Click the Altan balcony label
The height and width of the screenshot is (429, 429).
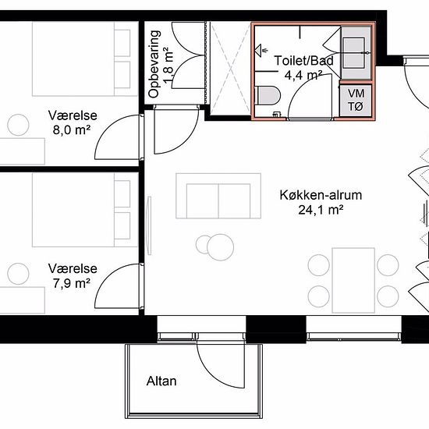[x=161, y=381]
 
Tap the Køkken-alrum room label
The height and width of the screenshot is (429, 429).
[x=321, y=195]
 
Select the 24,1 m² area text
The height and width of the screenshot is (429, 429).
[x=321, y=210]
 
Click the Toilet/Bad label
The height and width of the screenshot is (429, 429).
[x=303, y=61]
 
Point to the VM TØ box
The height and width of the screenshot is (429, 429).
[x=356, y=100]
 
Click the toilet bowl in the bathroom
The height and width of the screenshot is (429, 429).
[x=268, y=95]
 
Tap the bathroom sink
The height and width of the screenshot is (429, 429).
[x=353, y=52]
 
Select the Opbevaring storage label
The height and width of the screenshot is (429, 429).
[x=154, y=64]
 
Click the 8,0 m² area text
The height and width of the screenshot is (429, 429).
[x=72, y=130]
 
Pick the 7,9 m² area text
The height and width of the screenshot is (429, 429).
[x=72, y=283]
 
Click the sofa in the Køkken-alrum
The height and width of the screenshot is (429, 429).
[x=218, y=196]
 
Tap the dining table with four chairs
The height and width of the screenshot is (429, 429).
[x=353, y=280]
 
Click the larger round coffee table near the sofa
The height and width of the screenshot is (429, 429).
[x=220, y=247]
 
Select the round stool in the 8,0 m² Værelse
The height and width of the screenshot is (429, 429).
[x=18, y=125]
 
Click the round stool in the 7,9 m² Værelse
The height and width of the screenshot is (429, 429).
[x=18, y=274]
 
